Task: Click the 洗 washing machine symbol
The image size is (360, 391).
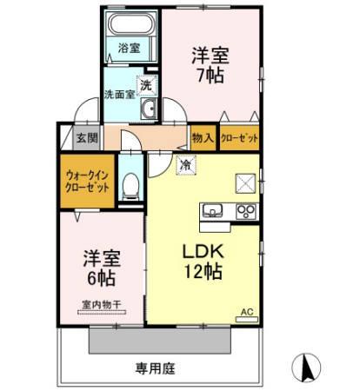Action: [x=148, y=85]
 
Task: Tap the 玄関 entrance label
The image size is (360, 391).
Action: [x=85, y=137]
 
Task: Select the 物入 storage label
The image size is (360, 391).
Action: [x=203, y=137]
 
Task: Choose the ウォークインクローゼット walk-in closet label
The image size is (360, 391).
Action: [x=87, y=180]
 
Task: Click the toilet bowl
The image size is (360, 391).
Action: [x=130, y=185]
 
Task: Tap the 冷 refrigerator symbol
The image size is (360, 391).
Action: [x=185, y=163]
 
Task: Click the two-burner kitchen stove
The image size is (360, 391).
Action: [x=243, y=210]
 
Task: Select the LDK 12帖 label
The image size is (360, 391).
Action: [x=203, y=259]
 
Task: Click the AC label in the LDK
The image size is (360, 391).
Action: [x=246, y=311]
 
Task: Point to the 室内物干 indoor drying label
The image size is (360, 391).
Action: [x=100, y=305]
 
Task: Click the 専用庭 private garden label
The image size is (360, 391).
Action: [x=156, y=368]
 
